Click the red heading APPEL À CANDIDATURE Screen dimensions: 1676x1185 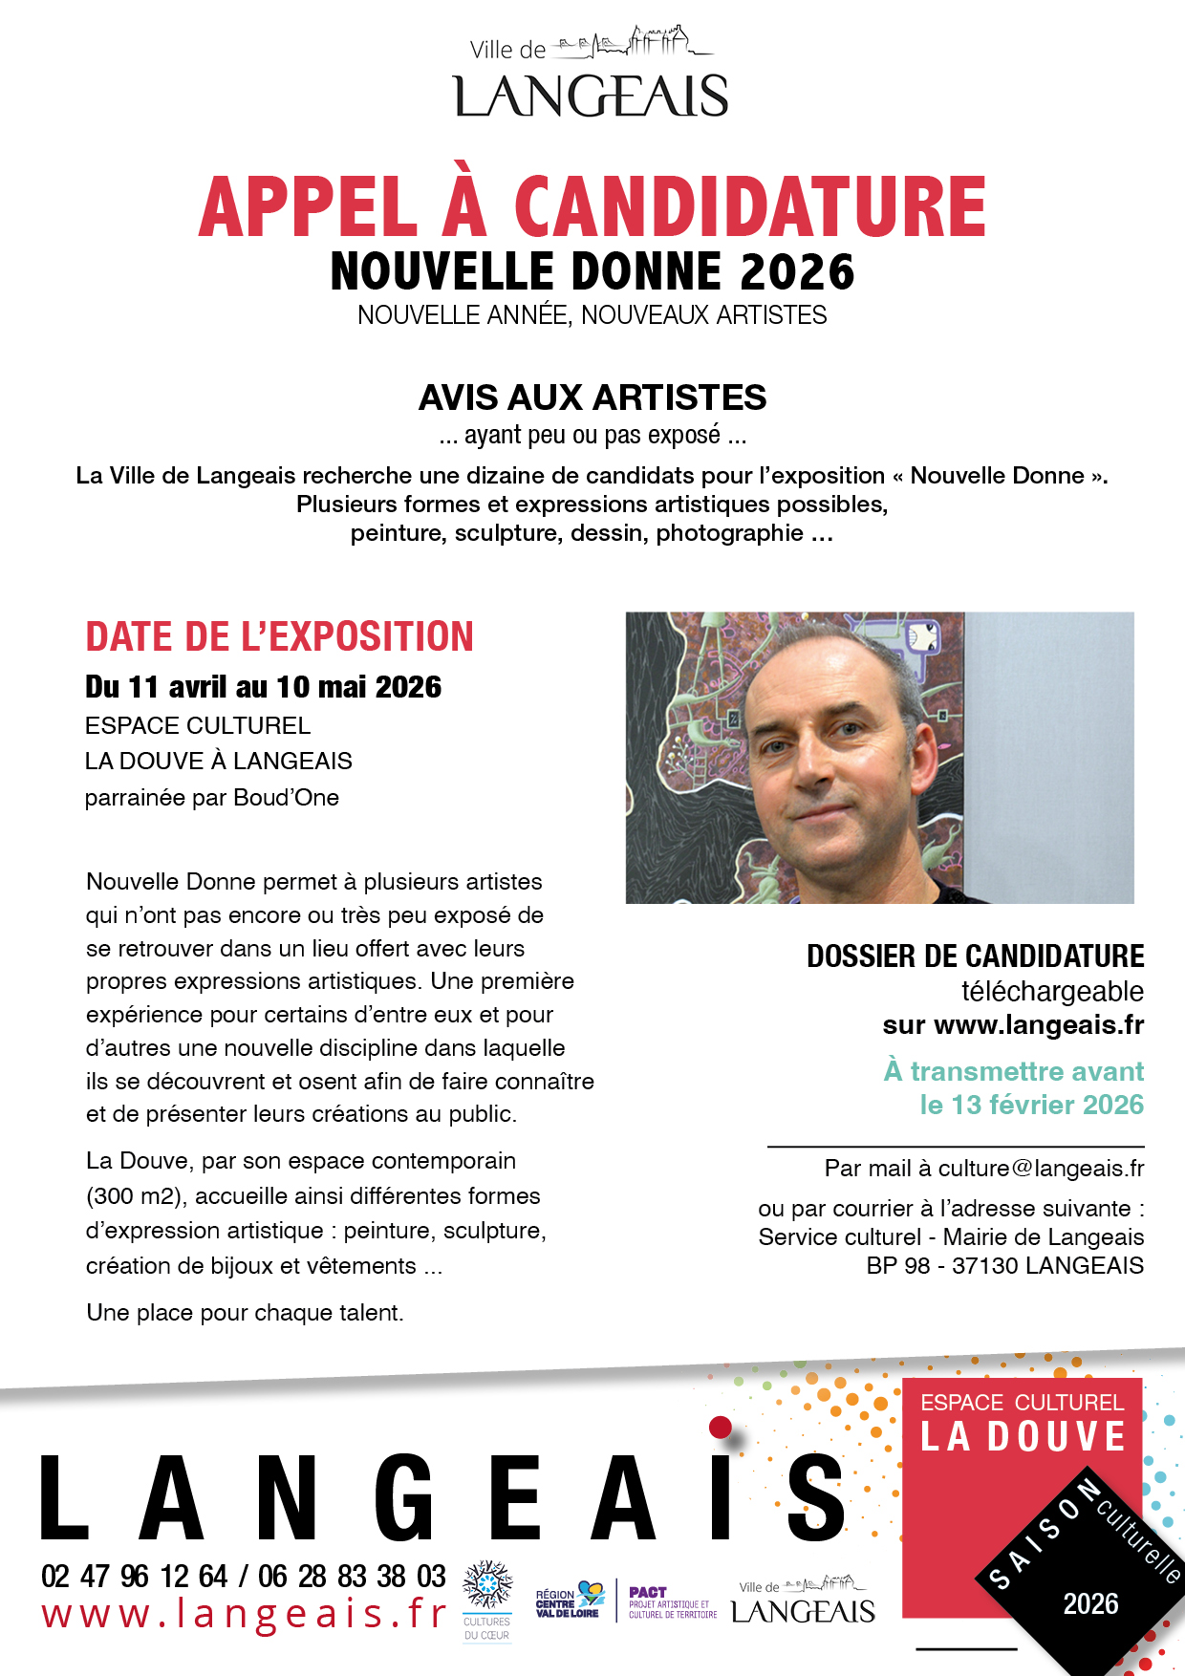click(x=592, y=207)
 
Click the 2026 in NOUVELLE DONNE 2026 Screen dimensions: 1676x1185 click(x=796, y=272)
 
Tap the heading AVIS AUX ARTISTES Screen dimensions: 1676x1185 click(x=592, y=398)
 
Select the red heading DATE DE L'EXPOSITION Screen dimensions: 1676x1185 click(x=279, y=637)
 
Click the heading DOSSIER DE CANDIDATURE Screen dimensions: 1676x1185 click(x=975, y=956)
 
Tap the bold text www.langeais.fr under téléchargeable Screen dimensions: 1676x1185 click(x=1039, y=1025)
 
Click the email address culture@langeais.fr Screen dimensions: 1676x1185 click(x=1041, y=1169)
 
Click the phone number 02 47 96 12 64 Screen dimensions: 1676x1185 click(x=134, y=1576)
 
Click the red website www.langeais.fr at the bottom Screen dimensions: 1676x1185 click(x=244, y=1615)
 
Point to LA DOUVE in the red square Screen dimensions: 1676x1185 click(x=1023, y=1437)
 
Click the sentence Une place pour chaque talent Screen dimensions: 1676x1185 click(x=245, y=1313)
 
